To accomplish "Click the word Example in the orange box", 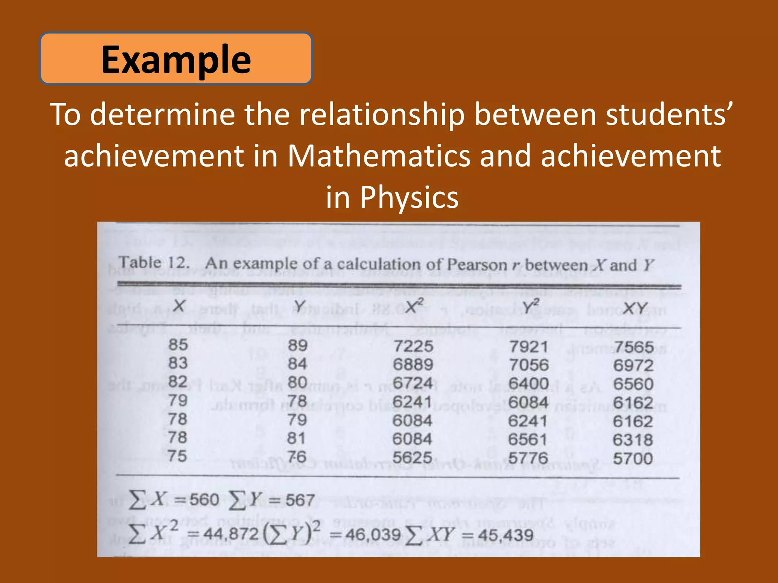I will coord(176,59).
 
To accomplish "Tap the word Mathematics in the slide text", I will coord(378,156).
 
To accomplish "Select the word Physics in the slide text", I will coord(409,197).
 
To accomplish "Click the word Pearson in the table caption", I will coord(477,265).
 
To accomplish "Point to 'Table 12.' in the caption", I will coord(154,263).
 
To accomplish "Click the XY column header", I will coord(635,308).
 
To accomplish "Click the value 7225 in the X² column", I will coord(413,346).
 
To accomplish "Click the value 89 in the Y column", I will coord(297,345).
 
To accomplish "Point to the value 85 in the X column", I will coord(178,345).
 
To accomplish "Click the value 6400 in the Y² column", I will coord(528,384).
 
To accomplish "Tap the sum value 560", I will coord(204,499).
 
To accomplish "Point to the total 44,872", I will coord(231,534).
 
